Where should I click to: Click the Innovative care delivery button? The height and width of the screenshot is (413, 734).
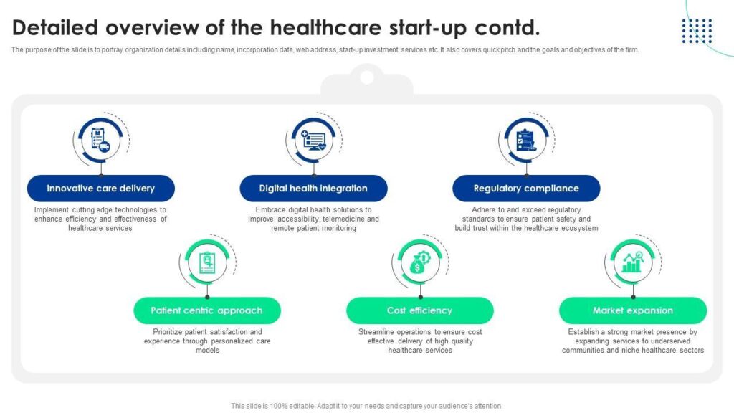(101, 189)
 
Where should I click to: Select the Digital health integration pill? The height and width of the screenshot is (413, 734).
(313, 189)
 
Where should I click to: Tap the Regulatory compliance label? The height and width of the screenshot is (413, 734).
(526, 189)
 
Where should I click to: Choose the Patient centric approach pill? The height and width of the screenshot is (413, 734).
(207, 310)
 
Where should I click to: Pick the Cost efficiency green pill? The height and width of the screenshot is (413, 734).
(419, 310)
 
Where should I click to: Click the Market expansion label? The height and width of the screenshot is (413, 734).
(632, 310)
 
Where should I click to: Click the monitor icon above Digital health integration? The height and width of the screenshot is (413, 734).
(313, 139)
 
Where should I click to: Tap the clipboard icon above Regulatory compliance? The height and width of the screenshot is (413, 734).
(526, 139)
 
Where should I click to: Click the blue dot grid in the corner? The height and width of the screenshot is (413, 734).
(697, 31)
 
